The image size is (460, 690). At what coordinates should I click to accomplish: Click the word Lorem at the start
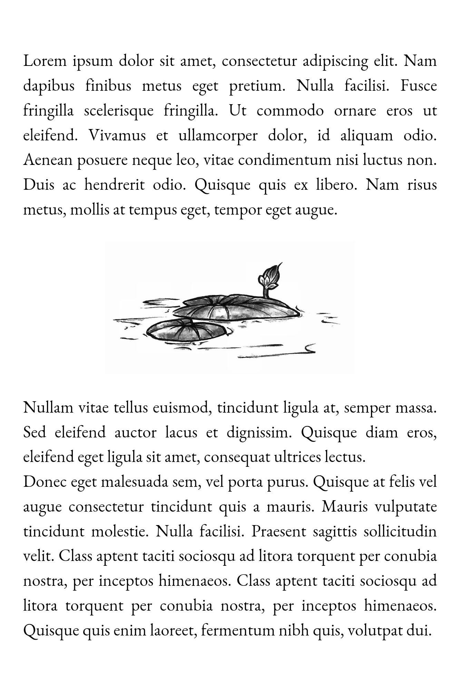point(45,61)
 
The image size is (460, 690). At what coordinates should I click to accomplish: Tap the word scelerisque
point(119,111)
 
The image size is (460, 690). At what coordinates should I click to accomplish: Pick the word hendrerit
point(114,185)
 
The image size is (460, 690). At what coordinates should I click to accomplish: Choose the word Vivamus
point(117,136)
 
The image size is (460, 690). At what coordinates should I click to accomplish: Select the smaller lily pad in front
point(181,331)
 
